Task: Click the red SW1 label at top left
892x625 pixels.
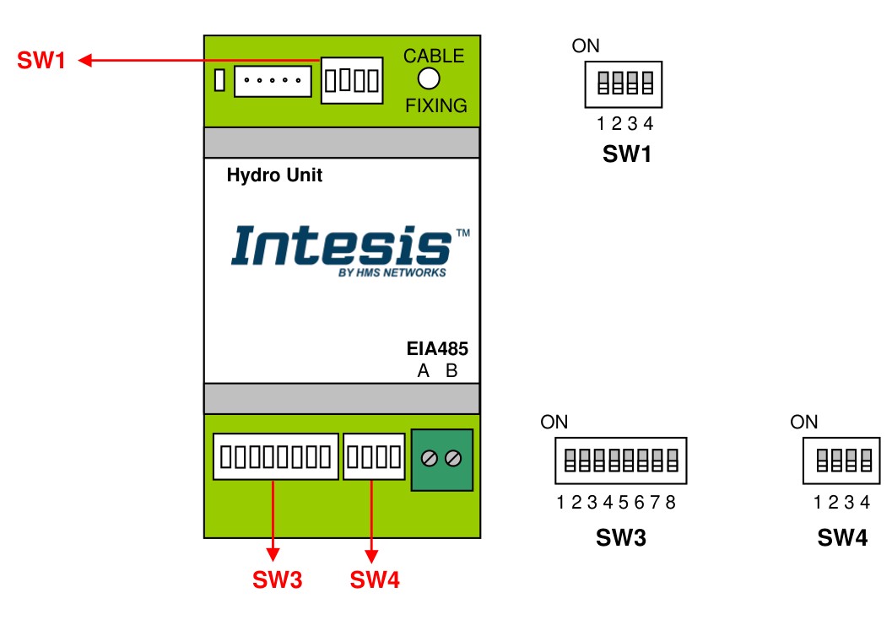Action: point(41,61)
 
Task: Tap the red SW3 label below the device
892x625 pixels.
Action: point(277,579)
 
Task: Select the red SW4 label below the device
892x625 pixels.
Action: point(375,579)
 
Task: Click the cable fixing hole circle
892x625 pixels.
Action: point(430,79)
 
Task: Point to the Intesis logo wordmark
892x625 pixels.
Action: point(341,245)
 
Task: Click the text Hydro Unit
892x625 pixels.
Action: point(274,176)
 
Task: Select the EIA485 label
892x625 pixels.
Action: point(437,349)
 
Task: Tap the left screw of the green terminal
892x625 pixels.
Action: point(429,458)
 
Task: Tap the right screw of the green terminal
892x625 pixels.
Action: point(453,458)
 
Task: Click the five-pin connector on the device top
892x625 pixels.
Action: point(272,81)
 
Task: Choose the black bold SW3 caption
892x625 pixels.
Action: point(620,537)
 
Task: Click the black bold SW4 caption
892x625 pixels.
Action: point(841,537)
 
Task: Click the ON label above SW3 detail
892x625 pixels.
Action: point(554,423)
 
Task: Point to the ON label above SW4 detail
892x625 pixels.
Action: point(804,423)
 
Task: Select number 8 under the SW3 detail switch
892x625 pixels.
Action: point(670,504)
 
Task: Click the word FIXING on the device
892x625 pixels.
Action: point(435,106)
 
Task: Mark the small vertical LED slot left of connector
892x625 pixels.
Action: point(219,81)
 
